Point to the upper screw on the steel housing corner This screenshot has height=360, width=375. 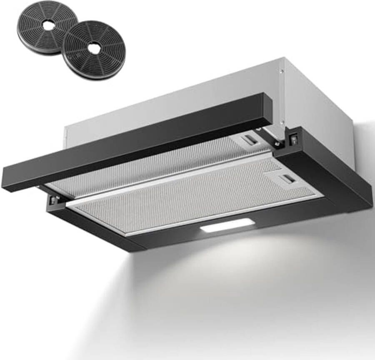282,72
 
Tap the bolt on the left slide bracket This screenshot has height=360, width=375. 53,200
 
